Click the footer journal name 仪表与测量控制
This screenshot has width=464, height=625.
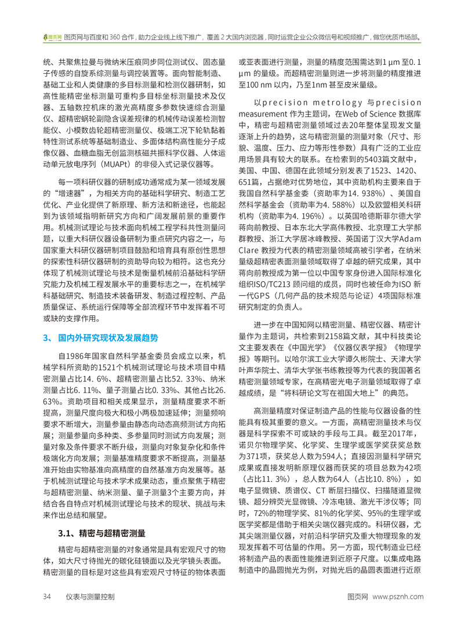(x=90, y=596)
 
